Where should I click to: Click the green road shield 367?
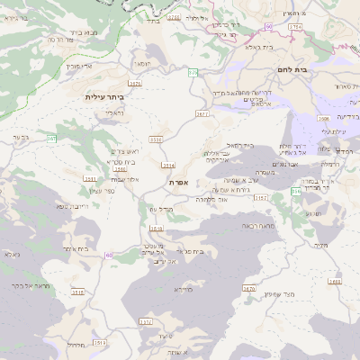pos(52,138)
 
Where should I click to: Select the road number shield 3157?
pos(261,196)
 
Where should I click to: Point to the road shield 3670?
pos(248,290)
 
